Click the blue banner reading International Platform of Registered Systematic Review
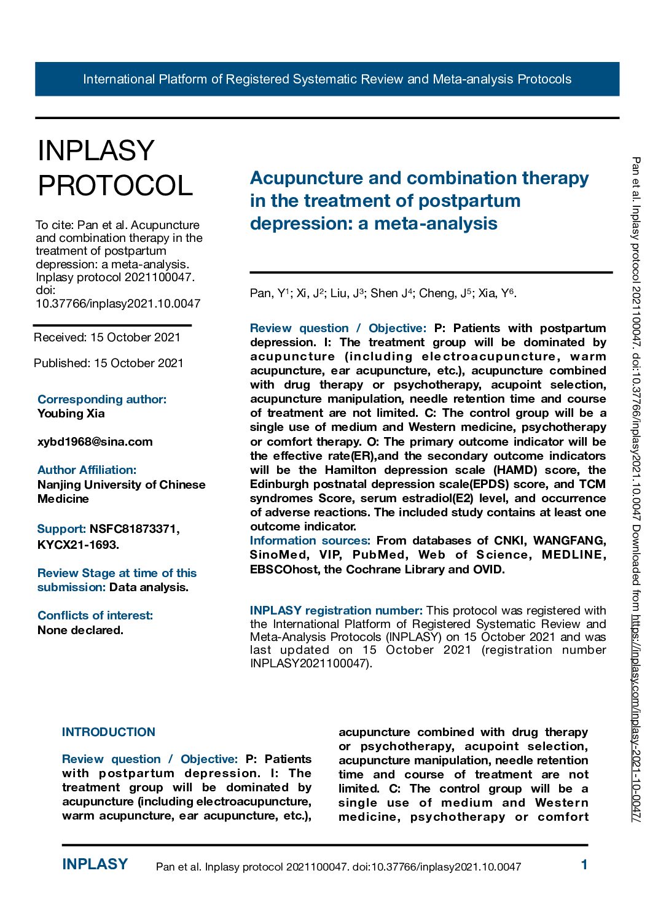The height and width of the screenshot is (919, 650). [x=327, y=79]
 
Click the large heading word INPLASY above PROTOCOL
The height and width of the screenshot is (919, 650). [x=96, y=151]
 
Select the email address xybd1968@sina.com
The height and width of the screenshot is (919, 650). [x=95, y=442]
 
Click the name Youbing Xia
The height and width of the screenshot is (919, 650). [x=71, y=414]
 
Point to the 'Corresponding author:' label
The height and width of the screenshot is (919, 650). [x=101, y=400]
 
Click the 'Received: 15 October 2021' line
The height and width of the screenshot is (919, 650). [x=107, y=338]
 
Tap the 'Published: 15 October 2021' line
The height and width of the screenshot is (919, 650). [x=108, y=363]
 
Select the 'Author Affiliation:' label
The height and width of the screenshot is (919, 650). [x=87, y=470]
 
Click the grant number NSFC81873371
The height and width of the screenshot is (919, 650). [x=135, y=529]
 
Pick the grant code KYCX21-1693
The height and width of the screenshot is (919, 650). [x=77, y=545]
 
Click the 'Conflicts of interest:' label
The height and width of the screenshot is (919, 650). [x=95, y=616]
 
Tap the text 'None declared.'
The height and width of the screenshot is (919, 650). [x=80, y=630]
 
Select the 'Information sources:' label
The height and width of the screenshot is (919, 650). [x=310, y=541]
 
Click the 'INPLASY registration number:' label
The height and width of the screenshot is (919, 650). [x=336, y=611]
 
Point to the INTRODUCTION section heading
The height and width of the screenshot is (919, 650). [x=109, y=732]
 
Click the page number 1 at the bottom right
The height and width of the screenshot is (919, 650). [x=584, y=865]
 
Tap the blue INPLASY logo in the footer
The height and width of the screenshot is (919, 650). [x=95, y=864]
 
